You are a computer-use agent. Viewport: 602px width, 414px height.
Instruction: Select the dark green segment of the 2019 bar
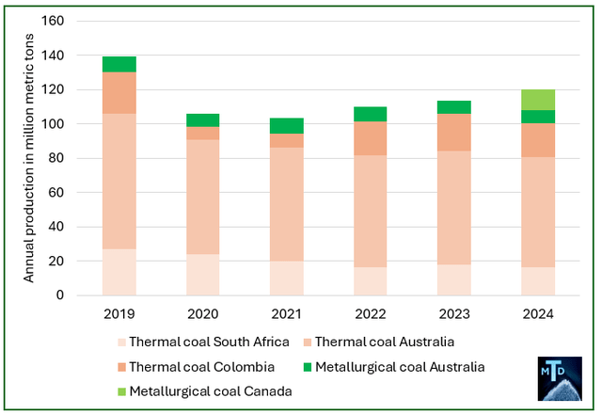(x=119, y=64)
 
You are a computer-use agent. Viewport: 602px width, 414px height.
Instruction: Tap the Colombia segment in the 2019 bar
(x=119, y=92)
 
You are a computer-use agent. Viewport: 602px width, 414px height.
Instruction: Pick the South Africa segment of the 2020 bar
(x=203, y=275)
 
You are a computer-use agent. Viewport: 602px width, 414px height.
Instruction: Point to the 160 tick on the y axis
(x=55, y=22)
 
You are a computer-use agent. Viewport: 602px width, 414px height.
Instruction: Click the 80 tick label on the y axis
(x=58, y=158)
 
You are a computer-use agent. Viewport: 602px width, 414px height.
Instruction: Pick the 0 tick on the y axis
(x=62, y=295)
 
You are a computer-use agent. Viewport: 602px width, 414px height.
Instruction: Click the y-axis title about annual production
(x=29, y=158)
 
